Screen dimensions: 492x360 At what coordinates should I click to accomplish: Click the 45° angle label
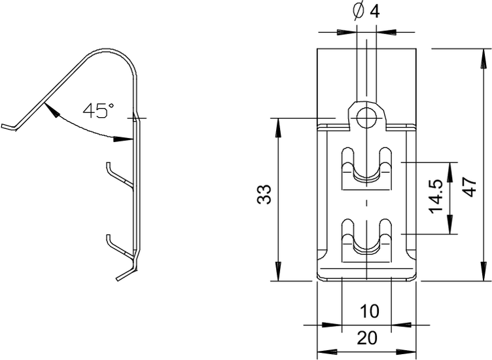point(98,111)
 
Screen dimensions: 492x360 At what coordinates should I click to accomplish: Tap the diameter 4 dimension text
point(366,12)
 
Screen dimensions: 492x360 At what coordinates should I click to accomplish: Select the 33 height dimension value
point(264,194)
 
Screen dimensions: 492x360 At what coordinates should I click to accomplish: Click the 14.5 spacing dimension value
point(436,196)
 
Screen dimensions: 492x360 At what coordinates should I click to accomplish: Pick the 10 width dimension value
point(369,312)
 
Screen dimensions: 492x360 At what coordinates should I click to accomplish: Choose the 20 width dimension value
point(367,338)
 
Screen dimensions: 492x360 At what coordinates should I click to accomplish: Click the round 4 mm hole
point(366,118)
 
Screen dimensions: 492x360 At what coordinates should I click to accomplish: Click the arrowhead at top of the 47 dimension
point(483,59)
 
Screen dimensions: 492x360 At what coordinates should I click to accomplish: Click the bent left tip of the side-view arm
point(9,127)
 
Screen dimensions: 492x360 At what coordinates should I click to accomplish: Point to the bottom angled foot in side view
point(126,272)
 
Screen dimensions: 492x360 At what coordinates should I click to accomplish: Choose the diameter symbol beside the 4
point(358,12)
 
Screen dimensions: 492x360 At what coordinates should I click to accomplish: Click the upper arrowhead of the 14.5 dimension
point(450,172)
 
